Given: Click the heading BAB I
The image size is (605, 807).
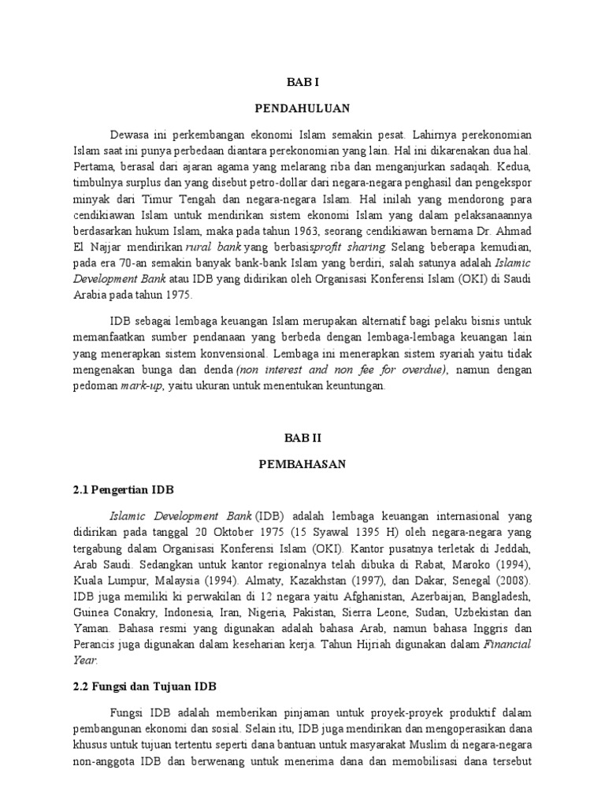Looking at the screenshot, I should (x=302, y=80).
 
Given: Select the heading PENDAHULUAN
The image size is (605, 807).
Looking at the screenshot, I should (x=302, y=107).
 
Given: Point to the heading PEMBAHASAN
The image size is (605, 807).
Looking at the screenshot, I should (x=302, y=464).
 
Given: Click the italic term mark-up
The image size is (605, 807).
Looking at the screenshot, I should (x=139, y=387).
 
